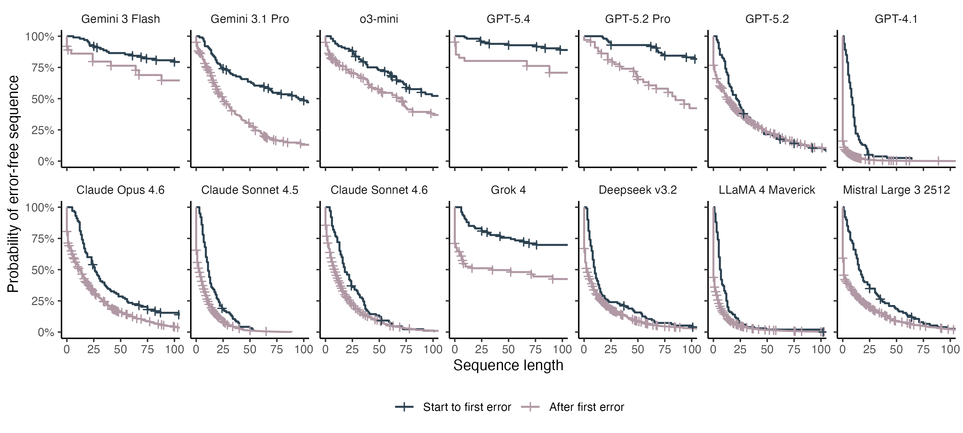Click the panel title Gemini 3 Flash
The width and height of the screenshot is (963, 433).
point(120,19)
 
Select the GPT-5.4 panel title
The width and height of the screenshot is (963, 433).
point(508,19)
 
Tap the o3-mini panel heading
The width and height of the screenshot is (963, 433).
point(379,19)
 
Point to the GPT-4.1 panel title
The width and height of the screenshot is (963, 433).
point(896,19)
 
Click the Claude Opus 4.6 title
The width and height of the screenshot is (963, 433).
point(120,190)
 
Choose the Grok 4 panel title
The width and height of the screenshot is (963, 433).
point(508,190)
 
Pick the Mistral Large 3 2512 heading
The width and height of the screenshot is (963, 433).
point(896,190)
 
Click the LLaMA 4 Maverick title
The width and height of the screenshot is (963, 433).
point(767,190)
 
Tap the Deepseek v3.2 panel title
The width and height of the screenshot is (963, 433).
point(638,190)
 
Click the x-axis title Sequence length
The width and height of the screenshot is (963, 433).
point(508,365)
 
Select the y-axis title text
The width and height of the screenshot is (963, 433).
point(13,184)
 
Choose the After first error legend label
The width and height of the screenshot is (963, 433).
point(586,407)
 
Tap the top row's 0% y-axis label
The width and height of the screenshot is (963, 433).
point(46,162)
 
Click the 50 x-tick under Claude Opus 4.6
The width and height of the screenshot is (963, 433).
point(120,350)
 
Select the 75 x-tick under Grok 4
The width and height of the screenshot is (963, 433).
point(535,350)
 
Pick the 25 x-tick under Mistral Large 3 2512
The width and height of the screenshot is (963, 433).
point(869,350)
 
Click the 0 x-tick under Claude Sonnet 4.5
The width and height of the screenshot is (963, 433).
point(196,350)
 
